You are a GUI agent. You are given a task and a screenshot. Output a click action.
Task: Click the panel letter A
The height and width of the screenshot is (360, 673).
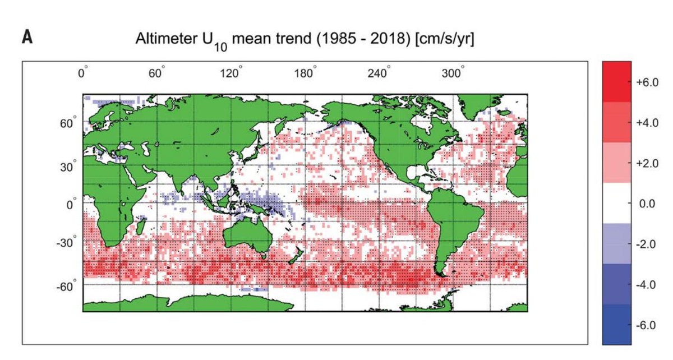coord(27,38)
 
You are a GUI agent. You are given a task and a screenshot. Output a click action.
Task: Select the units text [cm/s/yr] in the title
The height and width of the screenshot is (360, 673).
coord(444,39)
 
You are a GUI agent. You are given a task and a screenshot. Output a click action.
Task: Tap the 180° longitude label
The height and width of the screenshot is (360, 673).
coord(306,73)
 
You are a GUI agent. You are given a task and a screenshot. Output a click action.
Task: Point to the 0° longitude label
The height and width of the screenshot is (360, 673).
coord(82,73)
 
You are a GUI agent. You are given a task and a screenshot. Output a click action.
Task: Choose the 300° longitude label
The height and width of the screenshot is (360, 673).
coord(453,73)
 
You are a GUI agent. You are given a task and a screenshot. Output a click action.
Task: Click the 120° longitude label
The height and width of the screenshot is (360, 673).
coord(231,73)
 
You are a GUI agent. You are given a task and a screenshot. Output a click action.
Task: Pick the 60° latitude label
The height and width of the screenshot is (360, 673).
coord(68,123)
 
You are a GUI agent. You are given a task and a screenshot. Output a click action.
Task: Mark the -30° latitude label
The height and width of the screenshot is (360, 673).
coord(66,242)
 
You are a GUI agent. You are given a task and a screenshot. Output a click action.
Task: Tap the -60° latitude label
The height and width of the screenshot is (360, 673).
coord(66,286)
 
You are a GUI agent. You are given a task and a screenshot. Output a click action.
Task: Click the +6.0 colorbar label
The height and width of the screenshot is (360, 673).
coord(647,82)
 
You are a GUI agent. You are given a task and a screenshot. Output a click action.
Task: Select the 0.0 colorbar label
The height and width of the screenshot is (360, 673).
coord(647,204)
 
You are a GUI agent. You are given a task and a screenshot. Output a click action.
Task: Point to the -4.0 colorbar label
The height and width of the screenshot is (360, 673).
coord(646,284)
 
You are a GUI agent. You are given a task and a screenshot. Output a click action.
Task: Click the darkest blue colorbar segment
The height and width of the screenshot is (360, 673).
coord(617,324)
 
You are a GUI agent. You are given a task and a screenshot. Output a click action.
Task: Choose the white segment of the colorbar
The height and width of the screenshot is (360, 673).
coord(617,203)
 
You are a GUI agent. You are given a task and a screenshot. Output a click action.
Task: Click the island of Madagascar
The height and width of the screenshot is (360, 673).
coord(141,226)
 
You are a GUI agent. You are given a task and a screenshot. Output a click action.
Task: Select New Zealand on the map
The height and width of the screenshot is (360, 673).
coord(295,256)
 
